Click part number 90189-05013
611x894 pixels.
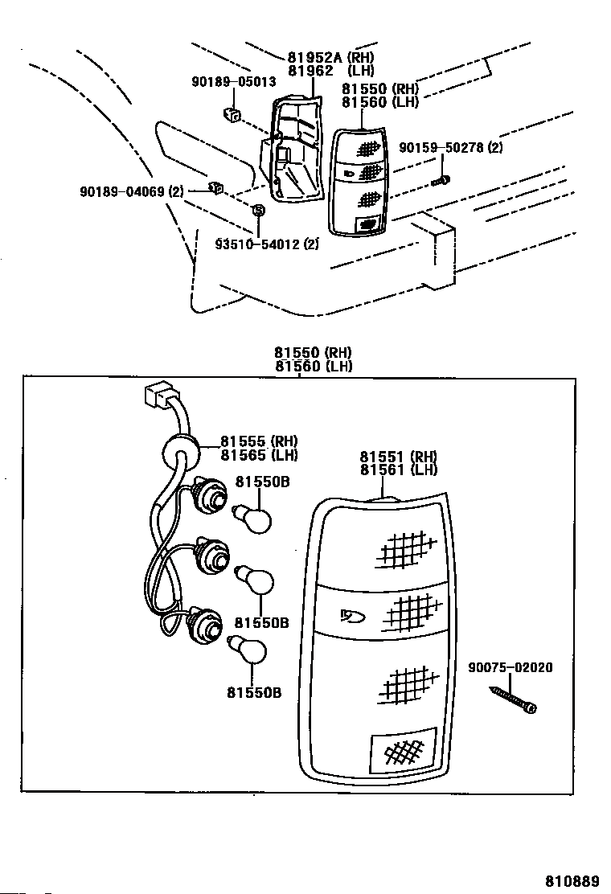pyautogui.click(x=234, y=82)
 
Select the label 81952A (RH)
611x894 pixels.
pyautogui.click(x=330, y=57)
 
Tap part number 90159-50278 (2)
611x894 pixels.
pyautogui.click(x=451, y=148)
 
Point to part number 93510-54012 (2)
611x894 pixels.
pyautogui.click(x=267, y=244)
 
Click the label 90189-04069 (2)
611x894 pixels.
pyautogui.click(x=132, y=191)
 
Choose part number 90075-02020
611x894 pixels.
pyautogui.click(x=511, y=667)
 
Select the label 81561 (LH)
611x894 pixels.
pyautogui.click(x=399, y=470)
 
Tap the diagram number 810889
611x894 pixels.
pyautogui.click(x=572, y=881)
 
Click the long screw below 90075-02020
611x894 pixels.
pyautogui.click(x=513, y=699)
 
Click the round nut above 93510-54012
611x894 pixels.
pyautogui.click(x=258, y=211)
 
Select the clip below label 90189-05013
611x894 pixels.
pyautogui.click(x=231, y=114)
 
